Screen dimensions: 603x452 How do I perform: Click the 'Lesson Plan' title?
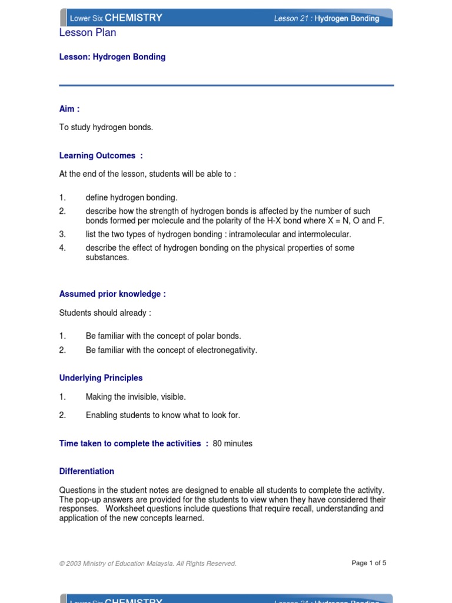(88, 33)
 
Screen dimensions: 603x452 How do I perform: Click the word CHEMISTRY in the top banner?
(133, 18)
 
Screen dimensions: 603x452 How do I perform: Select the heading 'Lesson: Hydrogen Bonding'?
(112, 57)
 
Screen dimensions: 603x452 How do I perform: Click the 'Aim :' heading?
(69, 109)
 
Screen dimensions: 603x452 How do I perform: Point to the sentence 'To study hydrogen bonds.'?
(106, 127)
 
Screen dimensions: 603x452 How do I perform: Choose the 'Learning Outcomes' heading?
(97, 155)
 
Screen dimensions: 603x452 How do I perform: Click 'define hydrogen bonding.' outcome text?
(131, 197)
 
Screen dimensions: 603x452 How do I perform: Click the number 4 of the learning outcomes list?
(62, 248)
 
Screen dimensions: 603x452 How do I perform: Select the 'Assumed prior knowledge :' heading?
(112, 294)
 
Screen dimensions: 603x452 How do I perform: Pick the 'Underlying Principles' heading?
(101, 378)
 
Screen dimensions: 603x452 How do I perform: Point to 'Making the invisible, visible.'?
(136, 397)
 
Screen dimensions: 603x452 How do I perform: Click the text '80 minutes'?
(232, 443)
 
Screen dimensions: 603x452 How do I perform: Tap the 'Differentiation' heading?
(87, 471)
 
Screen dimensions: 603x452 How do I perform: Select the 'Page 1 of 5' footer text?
(368, 563)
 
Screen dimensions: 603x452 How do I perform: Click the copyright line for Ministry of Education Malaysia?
(148, 564)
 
